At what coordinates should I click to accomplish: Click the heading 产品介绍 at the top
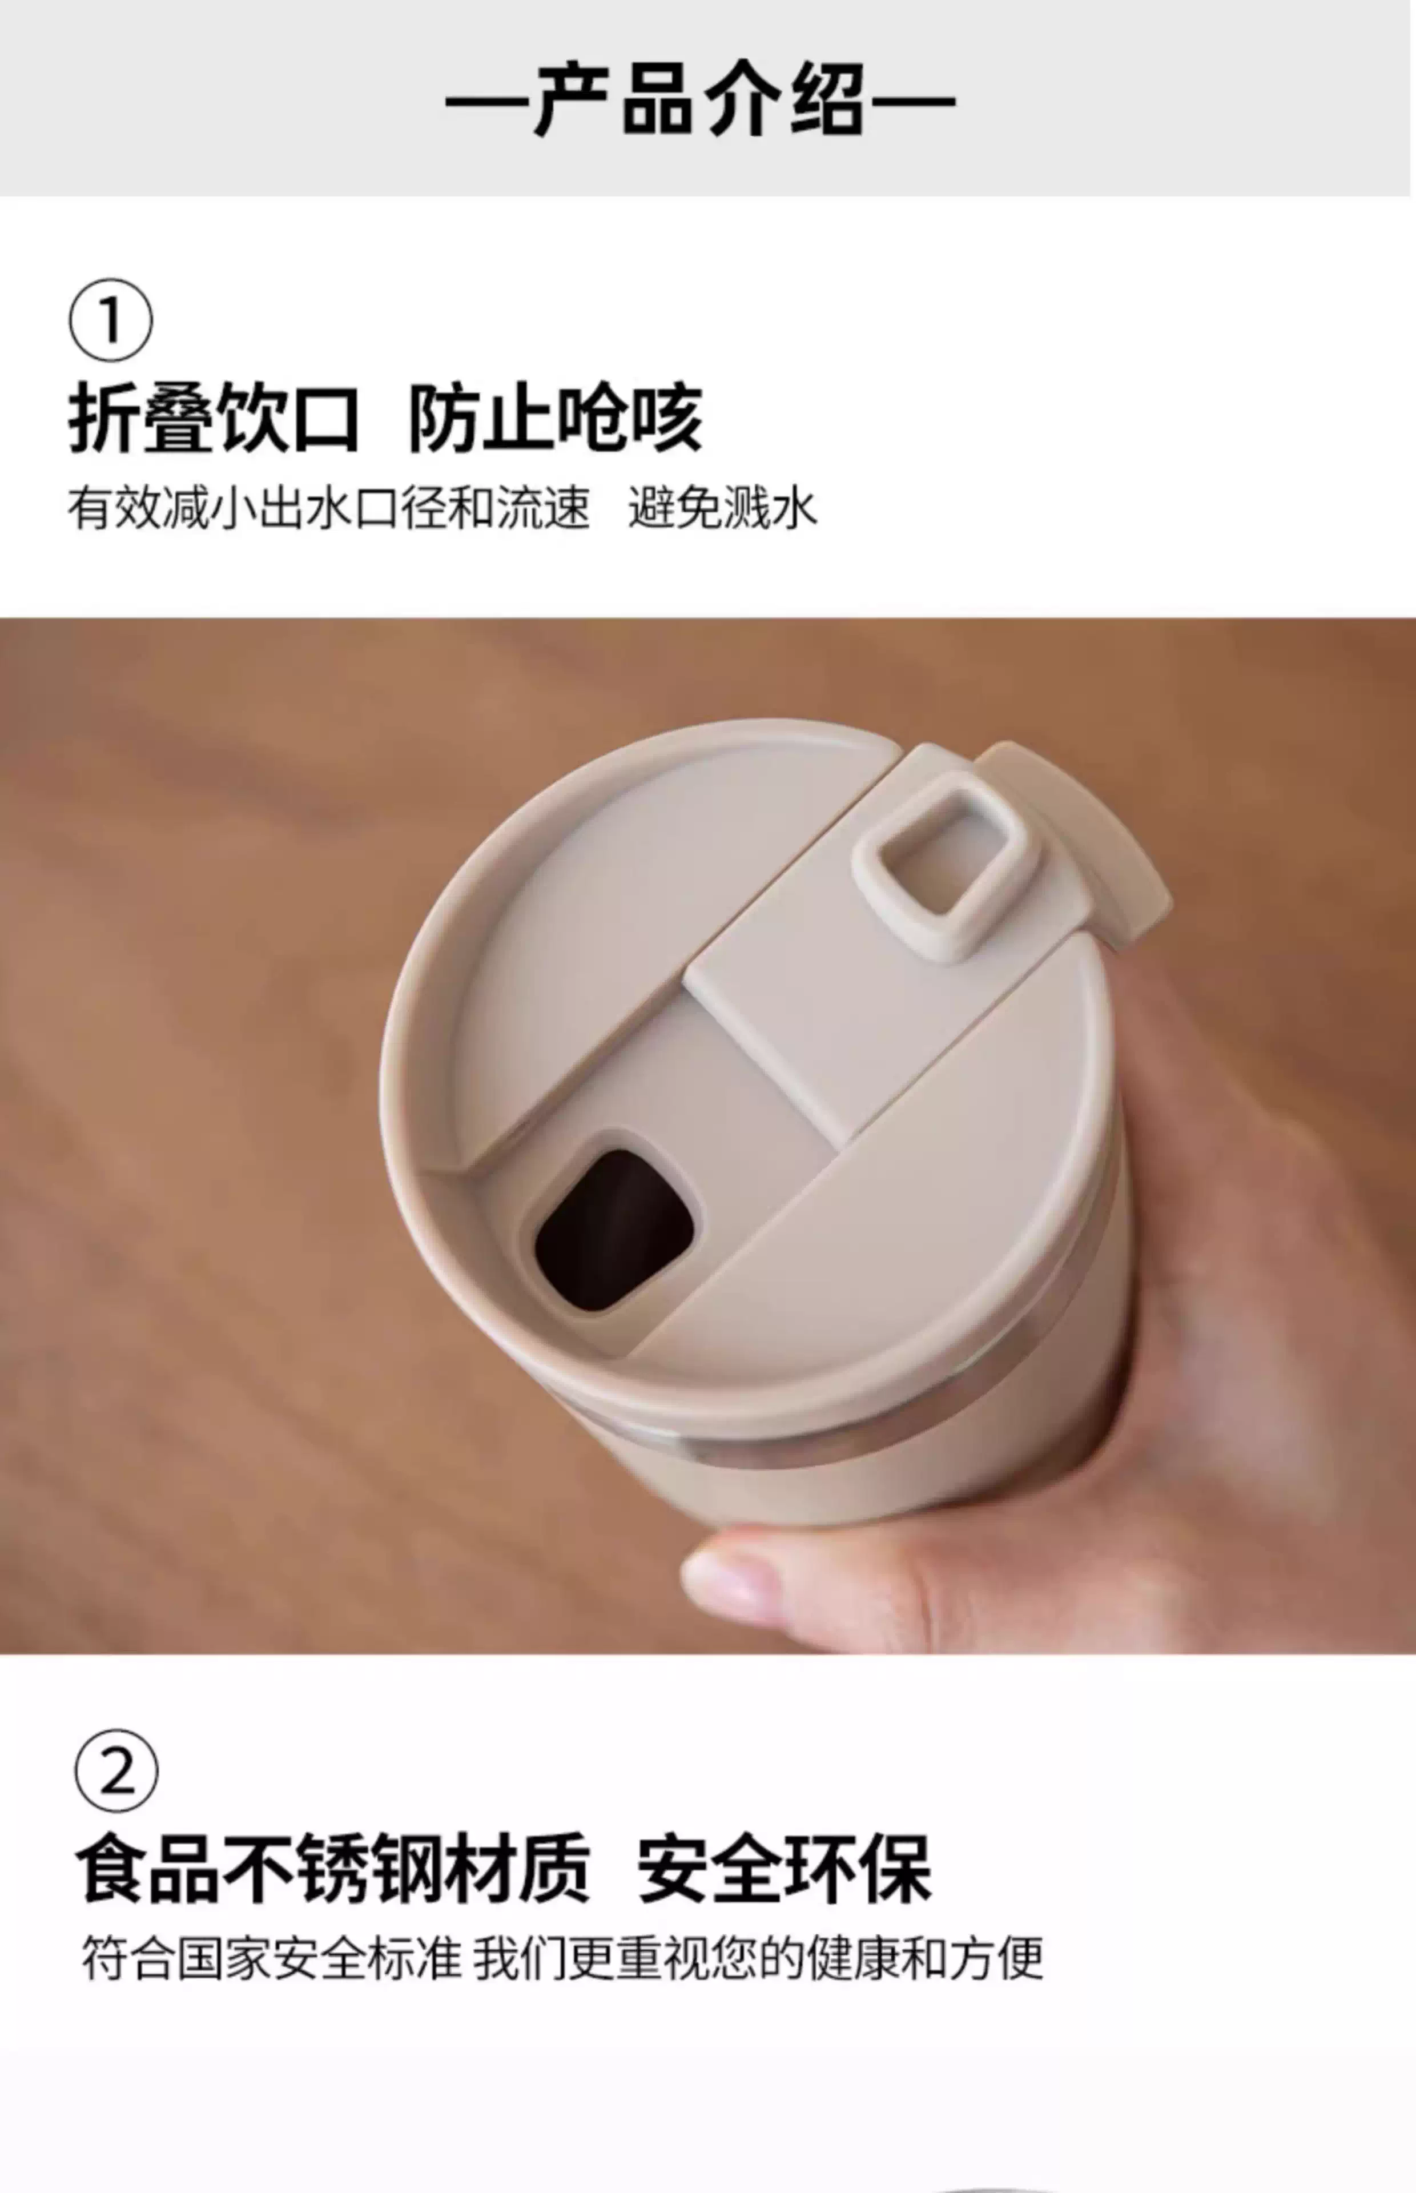700,99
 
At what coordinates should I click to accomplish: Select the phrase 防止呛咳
556,419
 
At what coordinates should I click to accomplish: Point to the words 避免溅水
723,508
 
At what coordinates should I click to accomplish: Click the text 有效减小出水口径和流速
328,508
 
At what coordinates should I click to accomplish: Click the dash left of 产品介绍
488,101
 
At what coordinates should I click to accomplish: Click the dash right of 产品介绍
912,101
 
